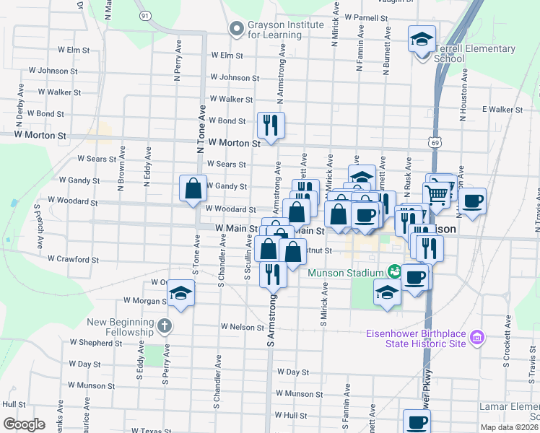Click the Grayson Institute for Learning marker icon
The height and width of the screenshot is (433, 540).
click(235, 30)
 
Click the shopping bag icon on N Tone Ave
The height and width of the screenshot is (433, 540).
click(193, 189)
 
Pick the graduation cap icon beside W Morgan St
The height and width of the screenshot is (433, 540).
click(180, 294)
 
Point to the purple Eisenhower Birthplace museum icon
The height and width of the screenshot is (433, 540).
click(476, 338)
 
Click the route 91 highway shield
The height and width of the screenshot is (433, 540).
click(145, 14)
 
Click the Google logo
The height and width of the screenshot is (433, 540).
click(24, 424)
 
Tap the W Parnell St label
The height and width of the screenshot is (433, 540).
click(367, 17)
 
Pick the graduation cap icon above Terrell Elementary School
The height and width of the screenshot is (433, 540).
click(422, 39)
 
